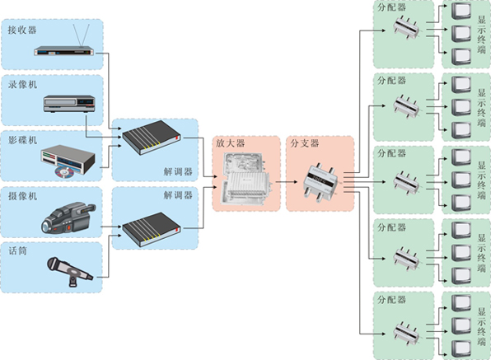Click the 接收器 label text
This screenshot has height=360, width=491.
(x=22, y=30)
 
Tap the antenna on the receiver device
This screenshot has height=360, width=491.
(x=82, y=35)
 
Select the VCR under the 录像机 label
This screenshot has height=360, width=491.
(x=69, y=104)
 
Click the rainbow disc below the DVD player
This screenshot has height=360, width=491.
(x=64, y=172)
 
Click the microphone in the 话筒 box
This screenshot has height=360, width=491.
(x=70, y=271)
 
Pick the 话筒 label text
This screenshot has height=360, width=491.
(x=17, y=250)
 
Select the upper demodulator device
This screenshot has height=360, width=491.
(x=152, y=137)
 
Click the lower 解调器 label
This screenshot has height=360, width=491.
(x=178, y=195)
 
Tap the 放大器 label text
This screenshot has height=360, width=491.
(x=230, y=143)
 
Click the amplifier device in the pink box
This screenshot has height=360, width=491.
(x=246, y=179)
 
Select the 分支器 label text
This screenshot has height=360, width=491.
(x=304, y=143)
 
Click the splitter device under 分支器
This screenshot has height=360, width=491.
(x=320, y=181)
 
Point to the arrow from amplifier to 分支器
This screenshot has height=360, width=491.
(x=287, y=181)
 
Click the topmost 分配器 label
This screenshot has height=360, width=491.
(x=391, y=7)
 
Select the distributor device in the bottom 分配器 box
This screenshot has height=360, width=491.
(x=406, y=334)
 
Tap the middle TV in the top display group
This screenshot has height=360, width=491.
(x=461, y=34)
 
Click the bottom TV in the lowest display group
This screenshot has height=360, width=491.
(x=461, y=348)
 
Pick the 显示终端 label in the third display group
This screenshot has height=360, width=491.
(x=481, y=180)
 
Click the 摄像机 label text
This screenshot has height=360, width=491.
(x=22, y=196)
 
